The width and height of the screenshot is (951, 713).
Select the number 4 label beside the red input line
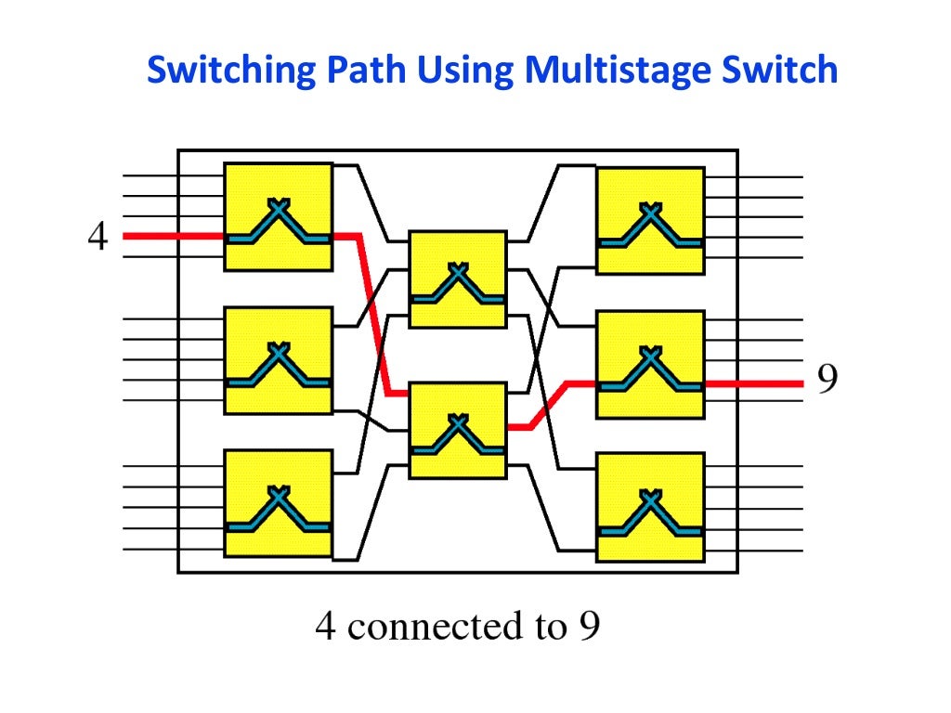tap(98, 236)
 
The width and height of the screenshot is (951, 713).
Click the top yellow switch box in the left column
tap(278, 217)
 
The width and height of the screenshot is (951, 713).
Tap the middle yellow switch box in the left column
tap(278, 360)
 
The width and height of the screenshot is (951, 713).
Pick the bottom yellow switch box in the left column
tap(278, 503)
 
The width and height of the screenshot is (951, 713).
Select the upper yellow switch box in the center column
tap(458, 279)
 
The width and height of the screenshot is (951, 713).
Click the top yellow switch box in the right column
tap(650, 221)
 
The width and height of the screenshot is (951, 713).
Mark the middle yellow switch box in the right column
tap(650, 364)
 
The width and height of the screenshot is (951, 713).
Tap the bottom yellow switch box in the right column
tap(650, 507)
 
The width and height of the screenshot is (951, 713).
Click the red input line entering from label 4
tap(172, 236)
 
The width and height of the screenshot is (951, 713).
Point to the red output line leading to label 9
tap(752, 382)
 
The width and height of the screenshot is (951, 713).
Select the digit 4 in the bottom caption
tap(325, 627)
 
